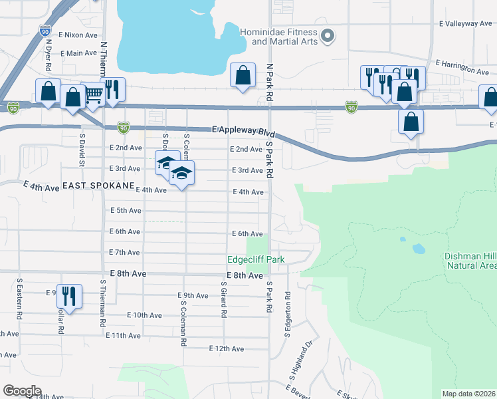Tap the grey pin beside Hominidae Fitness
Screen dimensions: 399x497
(x=326, y=36)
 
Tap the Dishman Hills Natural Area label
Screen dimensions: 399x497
(x=470, y=261)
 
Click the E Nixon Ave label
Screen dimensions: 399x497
(x=78, y=34)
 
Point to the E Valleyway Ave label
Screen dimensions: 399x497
(x=465, y=23)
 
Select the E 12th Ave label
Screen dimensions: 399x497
(x=226, y=348)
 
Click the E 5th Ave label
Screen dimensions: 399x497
(x=125, y=211)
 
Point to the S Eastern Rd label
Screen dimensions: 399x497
(x=20, y=300)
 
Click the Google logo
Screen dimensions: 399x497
(x=22, y=390)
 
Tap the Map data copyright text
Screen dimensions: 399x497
(x=468, y=393)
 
